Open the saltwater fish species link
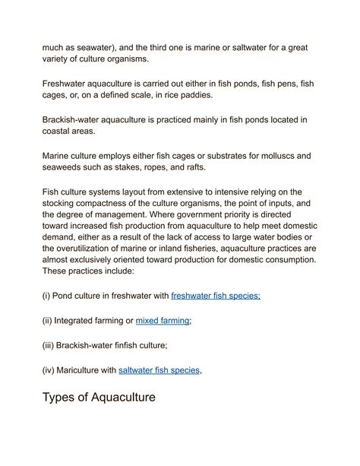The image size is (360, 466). click(x=159, y=370)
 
